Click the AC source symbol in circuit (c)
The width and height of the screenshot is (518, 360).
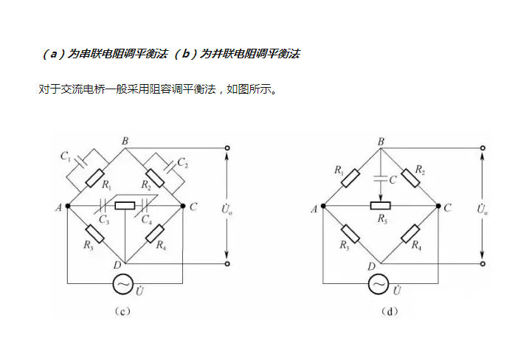[125, 283]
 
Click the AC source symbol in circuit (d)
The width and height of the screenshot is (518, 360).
[379, 283]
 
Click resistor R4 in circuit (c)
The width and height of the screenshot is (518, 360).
[155, 235]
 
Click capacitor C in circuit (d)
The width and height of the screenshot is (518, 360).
[380, 179]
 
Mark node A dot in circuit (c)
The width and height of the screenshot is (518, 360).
[67, 207]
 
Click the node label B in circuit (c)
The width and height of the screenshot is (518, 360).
[125, 140]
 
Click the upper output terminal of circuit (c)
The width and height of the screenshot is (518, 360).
[227, 148]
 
